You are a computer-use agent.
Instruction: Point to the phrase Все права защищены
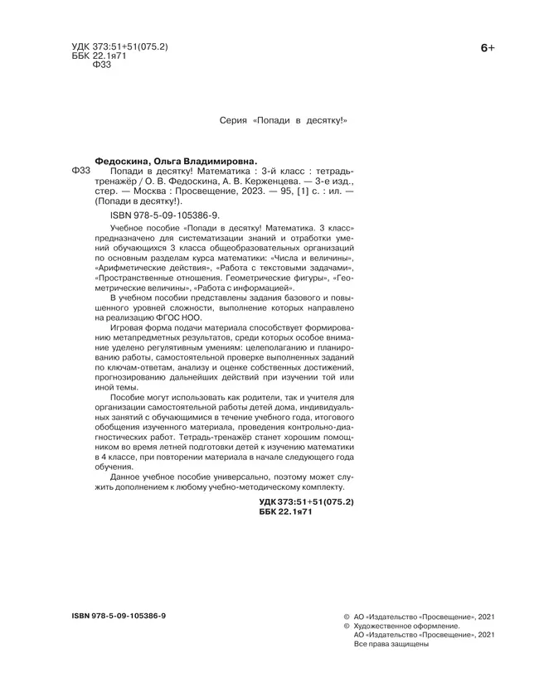pos(391,645)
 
